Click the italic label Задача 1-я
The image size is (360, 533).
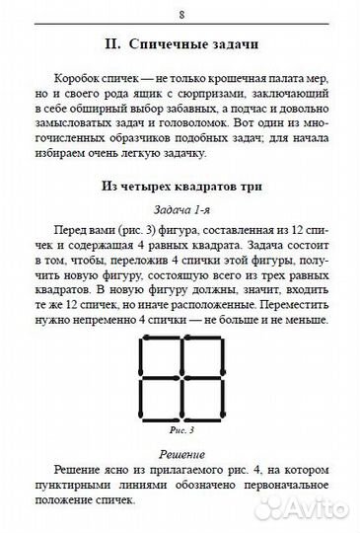180,211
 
